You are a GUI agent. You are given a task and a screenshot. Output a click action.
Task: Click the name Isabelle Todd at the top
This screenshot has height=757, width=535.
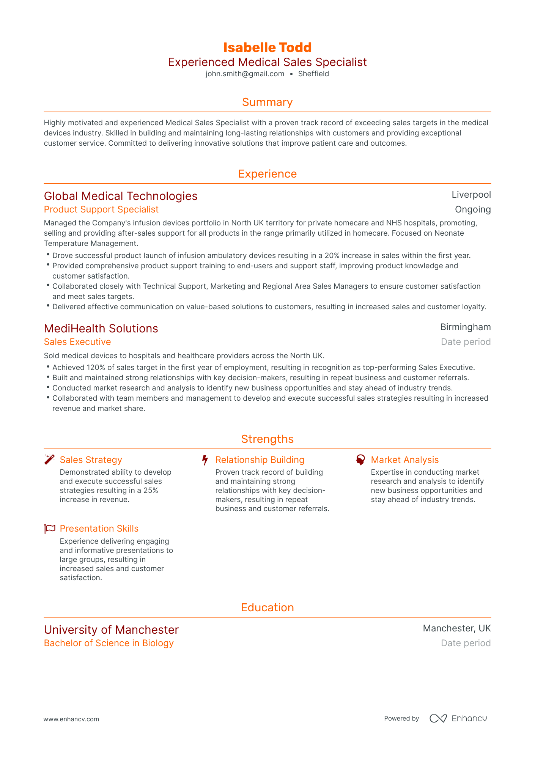tap(267, 47)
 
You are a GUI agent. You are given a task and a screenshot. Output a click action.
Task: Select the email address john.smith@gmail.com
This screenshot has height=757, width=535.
tap(245, 74)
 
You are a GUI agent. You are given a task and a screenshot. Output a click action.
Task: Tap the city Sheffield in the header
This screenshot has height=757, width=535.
tap(313, 74)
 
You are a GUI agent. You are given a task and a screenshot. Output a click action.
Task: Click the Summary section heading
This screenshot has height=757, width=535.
tap(267, 102)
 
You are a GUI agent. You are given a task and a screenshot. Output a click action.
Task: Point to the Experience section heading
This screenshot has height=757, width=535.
tap(267, 174)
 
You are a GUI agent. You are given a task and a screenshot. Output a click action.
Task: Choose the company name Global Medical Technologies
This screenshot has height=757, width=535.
tap(121, 196)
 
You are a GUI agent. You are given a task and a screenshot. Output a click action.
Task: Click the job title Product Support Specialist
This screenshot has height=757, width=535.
tap(101, 209)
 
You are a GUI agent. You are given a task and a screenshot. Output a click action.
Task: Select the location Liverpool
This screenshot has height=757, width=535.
tap(471, 195)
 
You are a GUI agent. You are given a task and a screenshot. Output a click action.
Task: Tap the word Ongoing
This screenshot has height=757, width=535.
tap(473, 209)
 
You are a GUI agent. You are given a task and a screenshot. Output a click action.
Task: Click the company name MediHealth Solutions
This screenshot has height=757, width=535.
tap(101, 329)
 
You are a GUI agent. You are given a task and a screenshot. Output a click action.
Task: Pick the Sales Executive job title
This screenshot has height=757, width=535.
tap(77, 342)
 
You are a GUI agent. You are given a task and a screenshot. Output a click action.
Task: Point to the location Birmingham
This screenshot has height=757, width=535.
tap(466, 327)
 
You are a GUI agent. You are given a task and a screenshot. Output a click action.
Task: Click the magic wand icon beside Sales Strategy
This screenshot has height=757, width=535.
tap(50, 460)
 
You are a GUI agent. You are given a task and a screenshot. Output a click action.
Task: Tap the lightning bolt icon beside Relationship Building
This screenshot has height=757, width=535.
tap(205, 460)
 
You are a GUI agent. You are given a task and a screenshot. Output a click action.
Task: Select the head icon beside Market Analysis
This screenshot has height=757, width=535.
tap(360, 460)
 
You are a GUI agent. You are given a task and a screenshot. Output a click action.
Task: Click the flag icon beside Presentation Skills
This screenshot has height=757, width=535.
tap(50, 529)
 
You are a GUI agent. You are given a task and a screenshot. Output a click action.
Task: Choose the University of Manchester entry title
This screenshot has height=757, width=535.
tap(111, 630)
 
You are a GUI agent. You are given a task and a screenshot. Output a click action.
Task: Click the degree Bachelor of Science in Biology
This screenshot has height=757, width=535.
tap(109, 643)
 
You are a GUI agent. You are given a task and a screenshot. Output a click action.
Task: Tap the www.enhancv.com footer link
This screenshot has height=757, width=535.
tap(71, 719)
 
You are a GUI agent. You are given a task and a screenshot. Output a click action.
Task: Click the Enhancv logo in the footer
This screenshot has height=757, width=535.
tap(458, 718)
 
